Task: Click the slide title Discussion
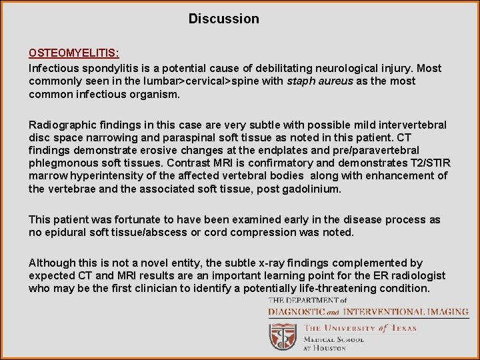coord(223,19)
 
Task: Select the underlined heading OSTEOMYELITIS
coord(73,53)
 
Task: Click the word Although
coord(52,263)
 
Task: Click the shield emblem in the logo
coord(283,336)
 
